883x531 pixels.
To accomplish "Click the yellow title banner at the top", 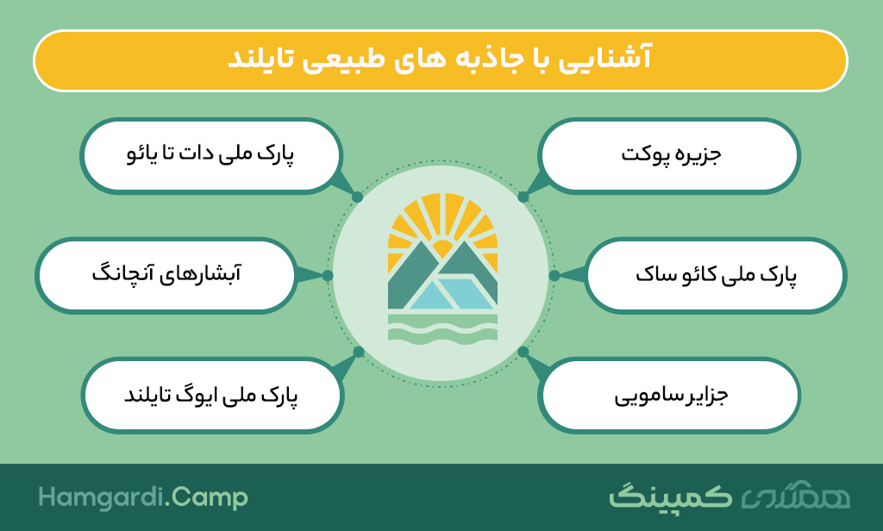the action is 441,60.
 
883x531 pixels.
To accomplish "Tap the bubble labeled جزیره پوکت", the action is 669,155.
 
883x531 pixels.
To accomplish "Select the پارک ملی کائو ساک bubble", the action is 715,275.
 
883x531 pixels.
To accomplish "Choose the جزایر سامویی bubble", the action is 669,396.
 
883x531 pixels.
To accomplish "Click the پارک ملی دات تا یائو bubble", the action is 211,155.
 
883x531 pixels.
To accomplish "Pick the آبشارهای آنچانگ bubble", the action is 166,275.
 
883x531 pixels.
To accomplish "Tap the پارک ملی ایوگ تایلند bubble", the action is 212,396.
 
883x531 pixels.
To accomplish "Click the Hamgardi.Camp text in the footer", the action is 143,497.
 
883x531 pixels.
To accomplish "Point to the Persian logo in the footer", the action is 730,496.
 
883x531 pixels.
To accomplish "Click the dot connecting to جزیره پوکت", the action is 523,197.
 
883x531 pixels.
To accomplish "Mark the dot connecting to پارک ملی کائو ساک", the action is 554,275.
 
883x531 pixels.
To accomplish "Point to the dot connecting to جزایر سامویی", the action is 523,352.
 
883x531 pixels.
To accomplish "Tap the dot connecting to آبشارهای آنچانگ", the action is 328,275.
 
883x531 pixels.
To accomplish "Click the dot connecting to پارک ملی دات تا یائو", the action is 358,197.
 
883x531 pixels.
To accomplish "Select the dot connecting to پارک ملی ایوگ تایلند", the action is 359,352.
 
